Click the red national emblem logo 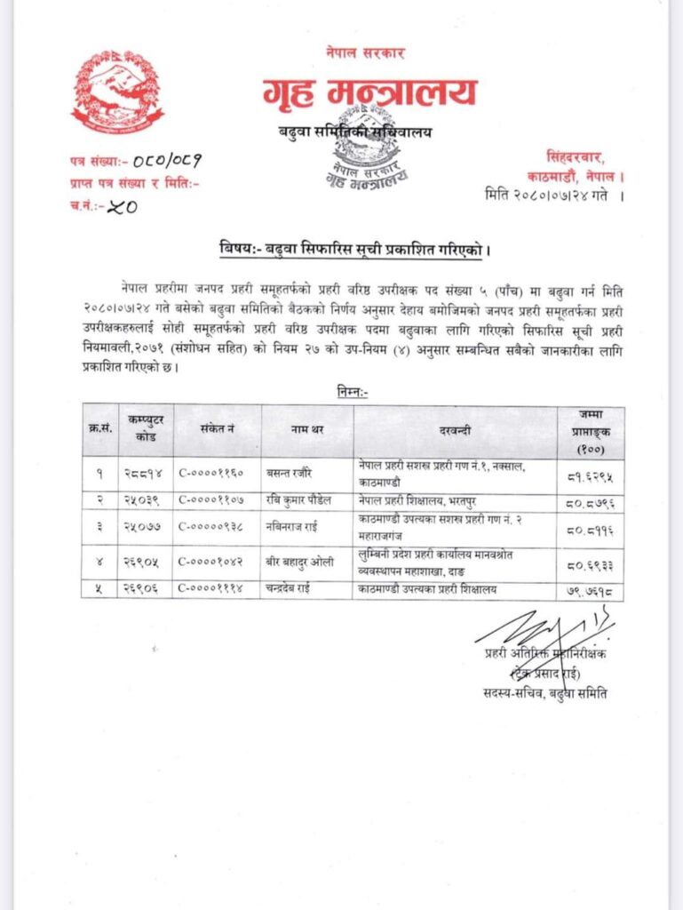(117, 92)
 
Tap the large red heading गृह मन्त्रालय (369, 92)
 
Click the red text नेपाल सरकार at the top (365, 53)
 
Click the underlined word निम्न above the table (353, 390)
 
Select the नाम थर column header (307, 430)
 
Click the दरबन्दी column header (455, 430)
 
